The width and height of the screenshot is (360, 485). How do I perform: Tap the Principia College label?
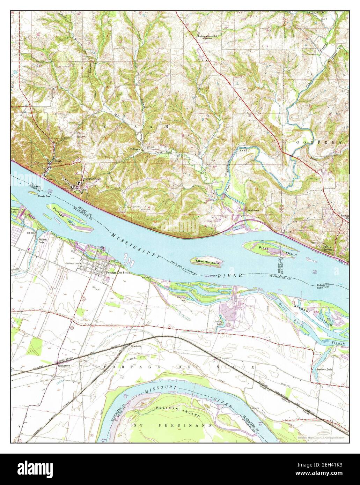[x=91, y=179]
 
